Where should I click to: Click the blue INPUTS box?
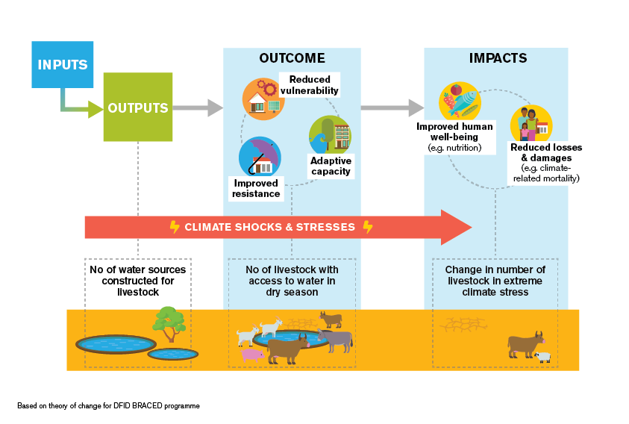[63, 64]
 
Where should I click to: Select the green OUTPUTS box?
[138, 107]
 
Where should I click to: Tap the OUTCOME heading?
[292, 58]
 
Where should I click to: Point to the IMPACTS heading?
[498, 58]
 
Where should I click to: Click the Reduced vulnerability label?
[310, 85]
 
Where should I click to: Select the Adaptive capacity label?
[331, 166]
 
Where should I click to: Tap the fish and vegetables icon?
[460, 102]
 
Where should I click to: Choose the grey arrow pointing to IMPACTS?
[392, 107]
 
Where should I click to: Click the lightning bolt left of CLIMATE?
[175, 227]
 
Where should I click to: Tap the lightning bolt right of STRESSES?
[368, 227]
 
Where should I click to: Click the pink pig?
[252, 355]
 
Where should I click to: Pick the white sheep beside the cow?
[542, 357]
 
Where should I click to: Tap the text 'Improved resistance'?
[256, 188]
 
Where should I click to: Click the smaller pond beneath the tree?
[173, 354]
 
